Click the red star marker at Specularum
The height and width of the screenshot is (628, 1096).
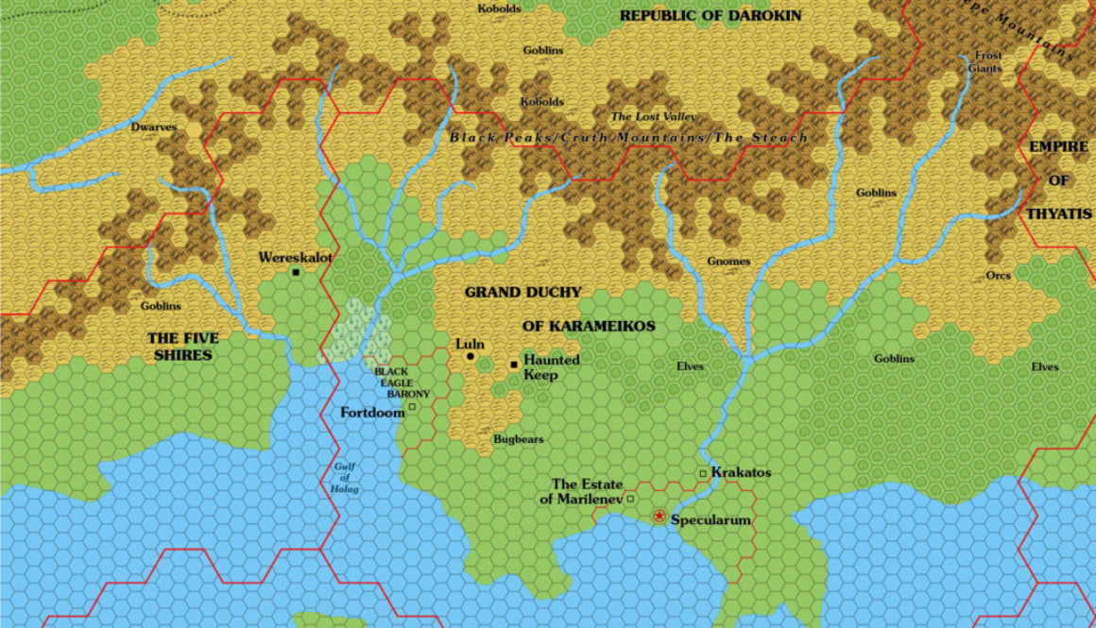(x=659, y=516)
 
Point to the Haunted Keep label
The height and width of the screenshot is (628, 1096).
(x=540, y=367)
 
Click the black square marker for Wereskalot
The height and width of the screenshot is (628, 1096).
(x=296, y=272)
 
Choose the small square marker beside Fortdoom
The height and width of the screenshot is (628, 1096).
(x=412, y=408)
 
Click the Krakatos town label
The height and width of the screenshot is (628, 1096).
(x=741, y=472)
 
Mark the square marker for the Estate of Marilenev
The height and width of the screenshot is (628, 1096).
(x=630, y=499)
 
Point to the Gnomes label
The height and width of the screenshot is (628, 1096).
(x=728, y=262)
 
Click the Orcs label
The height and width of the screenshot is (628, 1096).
(x=998, y=276)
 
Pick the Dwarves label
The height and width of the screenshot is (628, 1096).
(x=154, y=127)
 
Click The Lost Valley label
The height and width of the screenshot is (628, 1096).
(x=654, y=116)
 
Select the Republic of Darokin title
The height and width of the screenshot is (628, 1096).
(x=710, y=16)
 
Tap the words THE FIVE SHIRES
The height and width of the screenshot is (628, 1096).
(x=181, y=347)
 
